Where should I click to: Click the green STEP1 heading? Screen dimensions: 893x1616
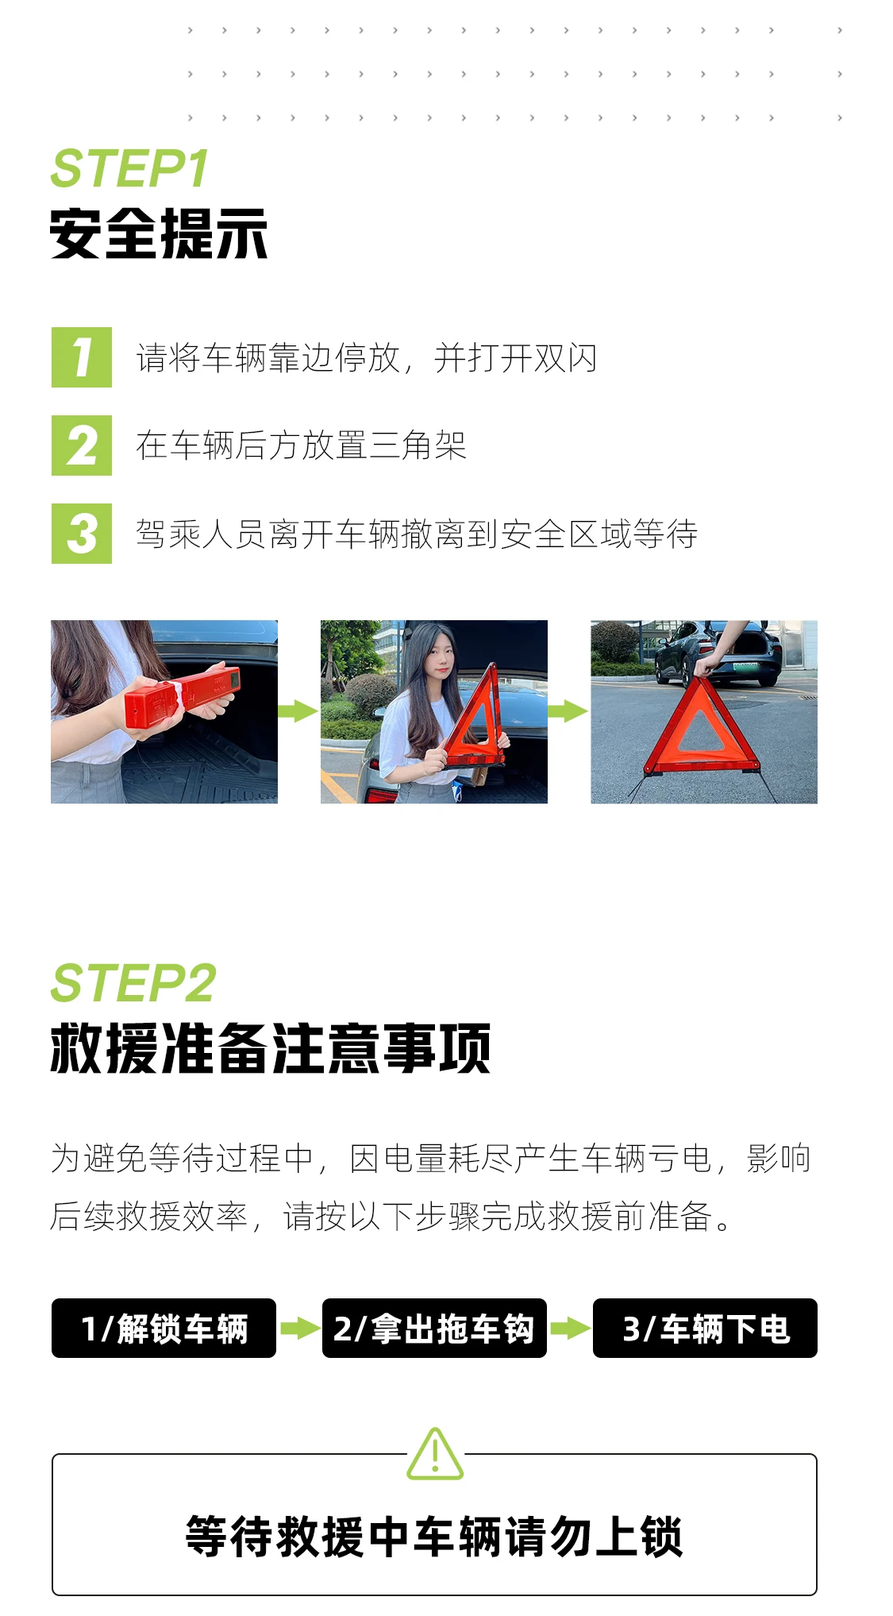click(129, 168)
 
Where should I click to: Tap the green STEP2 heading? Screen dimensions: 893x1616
click(133, 982)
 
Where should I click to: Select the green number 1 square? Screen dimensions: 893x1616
click(82, 357)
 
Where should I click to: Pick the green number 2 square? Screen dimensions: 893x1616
click(82, 445)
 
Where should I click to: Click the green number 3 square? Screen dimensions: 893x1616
click(82, 534)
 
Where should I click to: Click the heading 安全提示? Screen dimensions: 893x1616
click(159, 234)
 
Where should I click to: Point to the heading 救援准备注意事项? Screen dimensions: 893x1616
click(271, 1048)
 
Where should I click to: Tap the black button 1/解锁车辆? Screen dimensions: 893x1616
click(164, 1328)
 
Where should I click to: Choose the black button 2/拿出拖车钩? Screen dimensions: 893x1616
click(434, 1328)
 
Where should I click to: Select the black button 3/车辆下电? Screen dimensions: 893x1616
click(705, 1328)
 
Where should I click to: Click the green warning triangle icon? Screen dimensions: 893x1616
click(435, 1453)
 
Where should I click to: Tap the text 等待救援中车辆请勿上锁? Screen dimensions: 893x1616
click(434, 1537)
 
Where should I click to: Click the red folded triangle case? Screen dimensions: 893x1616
click(182, 696)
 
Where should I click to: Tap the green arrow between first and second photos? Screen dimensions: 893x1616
click(298, 711)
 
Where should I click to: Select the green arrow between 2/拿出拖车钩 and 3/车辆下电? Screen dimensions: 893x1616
click(570, 1328)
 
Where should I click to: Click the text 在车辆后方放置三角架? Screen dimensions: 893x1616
click(301, 445)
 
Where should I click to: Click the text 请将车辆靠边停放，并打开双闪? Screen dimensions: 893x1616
click(367, 357)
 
